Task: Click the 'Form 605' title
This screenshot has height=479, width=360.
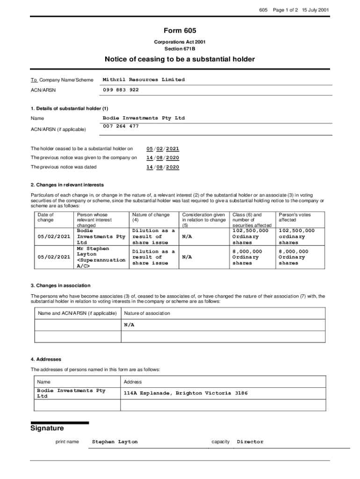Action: pyautogui.click(x=180, y=30)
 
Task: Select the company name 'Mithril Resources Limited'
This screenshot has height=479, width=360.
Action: pyautogui.click(x=144, y=80)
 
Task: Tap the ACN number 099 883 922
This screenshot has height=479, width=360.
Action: pyautogui.click(x=121, y=90)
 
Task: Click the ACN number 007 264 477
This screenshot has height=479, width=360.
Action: pyautogui.click(x=121, y=126)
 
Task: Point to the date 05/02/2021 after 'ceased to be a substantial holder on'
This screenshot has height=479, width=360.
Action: pyautogui.click(x=163, y=149)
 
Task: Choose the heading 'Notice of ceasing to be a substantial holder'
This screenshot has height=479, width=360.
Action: pyautogui.click(x=180, y=59)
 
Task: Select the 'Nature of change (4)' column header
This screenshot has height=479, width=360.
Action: pyautogui.click(x=151, y=217)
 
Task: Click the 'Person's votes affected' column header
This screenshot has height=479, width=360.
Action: pyautogui.click(x=295, y=217)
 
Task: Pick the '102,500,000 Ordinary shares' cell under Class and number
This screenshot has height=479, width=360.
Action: pyautogui.click(x=251, y=237)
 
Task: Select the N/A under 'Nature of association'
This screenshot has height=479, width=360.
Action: pyautogui.click(x=129, y=325)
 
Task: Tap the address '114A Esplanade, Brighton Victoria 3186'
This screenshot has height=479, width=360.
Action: pyautogui.click(x=186, y=393)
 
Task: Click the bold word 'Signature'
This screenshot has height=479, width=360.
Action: pyautogui.click(x=47, y=428)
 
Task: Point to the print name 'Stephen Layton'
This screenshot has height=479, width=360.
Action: pyautogui.click(x=115, y=442)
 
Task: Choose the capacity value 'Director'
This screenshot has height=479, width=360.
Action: pyautogui.click(x=250, y=442)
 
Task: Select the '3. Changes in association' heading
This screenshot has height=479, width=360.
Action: pyautogui.click(x=61, y=285)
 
